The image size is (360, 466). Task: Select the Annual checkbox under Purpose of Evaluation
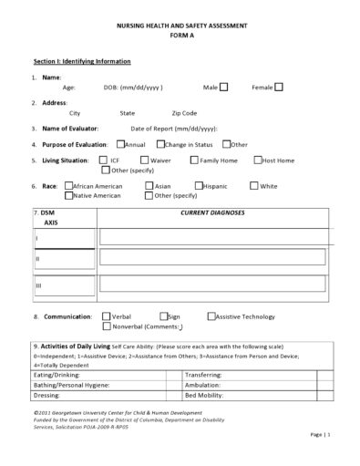(119, 144)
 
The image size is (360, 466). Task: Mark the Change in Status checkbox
(160, 144)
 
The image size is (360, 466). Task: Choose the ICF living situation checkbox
(104, 160)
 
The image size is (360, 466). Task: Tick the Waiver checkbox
(144, 160)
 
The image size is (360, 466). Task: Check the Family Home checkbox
(195, 160)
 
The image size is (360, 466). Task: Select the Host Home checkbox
(256, 160)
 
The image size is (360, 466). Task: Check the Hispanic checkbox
(198, 186)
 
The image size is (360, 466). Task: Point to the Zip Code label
(183, 113)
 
